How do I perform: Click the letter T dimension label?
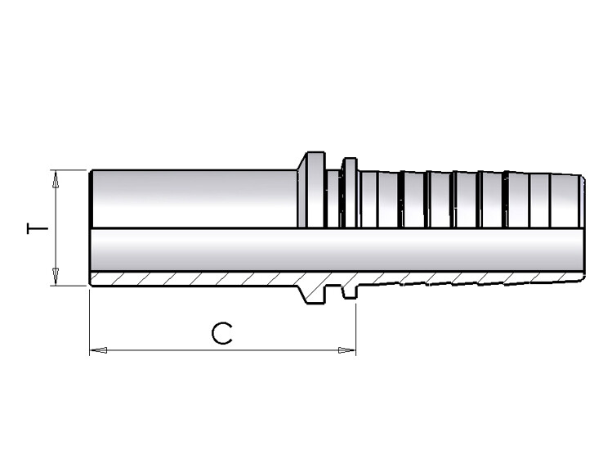pyautogui.click(x=37, y=228)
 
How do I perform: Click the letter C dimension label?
pyautogui.click(x=221, y=334)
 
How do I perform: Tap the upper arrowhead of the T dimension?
pyautogui.click(x=56, y=180)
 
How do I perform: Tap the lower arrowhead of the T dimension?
pyautogui.click(x=56, y=277)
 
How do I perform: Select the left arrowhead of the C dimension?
pyautogui.click(x=99, y=350)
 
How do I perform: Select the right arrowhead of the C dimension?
pyautogui.click(x=346, y=350)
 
